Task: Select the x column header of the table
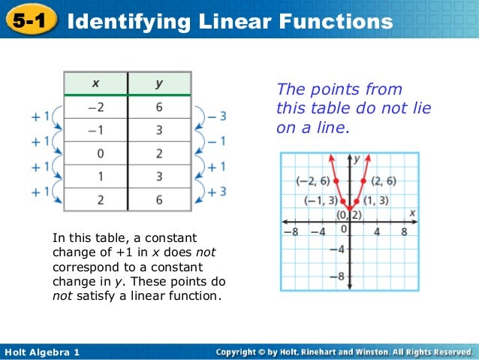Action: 95,83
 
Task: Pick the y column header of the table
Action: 159,83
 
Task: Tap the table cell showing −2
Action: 95,108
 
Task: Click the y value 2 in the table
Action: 159,154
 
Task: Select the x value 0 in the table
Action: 96,154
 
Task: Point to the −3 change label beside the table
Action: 217,116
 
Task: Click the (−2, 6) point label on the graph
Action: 313,181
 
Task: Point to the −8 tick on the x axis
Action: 294,231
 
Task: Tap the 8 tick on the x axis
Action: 403,231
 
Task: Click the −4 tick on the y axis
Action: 338,249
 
